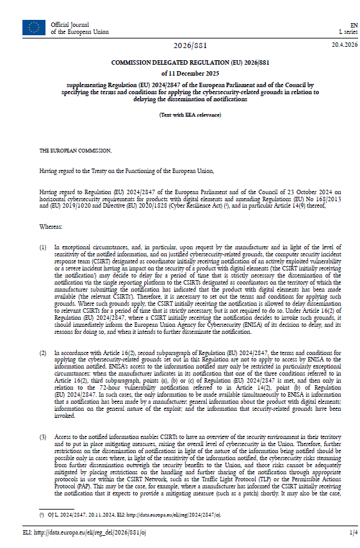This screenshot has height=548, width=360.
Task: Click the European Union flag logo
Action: pos(33,27)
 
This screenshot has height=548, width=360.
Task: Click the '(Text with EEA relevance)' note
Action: pos(190,114)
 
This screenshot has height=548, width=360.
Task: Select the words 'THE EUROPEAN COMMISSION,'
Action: pos(75,151)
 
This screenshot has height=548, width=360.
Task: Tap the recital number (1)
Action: pos(44,247)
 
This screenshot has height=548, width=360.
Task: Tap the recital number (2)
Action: pos(44,353)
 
